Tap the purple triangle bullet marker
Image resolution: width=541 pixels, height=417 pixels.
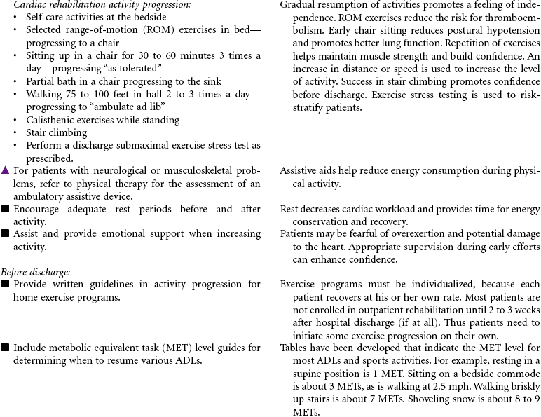6,170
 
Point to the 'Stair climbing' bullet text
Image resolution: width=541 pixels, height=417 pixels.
57,132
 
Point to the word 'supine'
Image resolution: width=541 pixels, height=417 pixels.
309,374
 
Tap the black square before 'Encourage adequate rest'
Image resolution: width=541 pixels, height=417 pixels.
6,209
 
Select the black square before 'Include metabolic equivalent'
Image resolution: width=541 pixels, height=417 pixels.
6,348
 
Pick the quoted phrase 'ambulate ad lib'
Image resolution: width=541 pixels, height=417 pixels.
115,107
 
